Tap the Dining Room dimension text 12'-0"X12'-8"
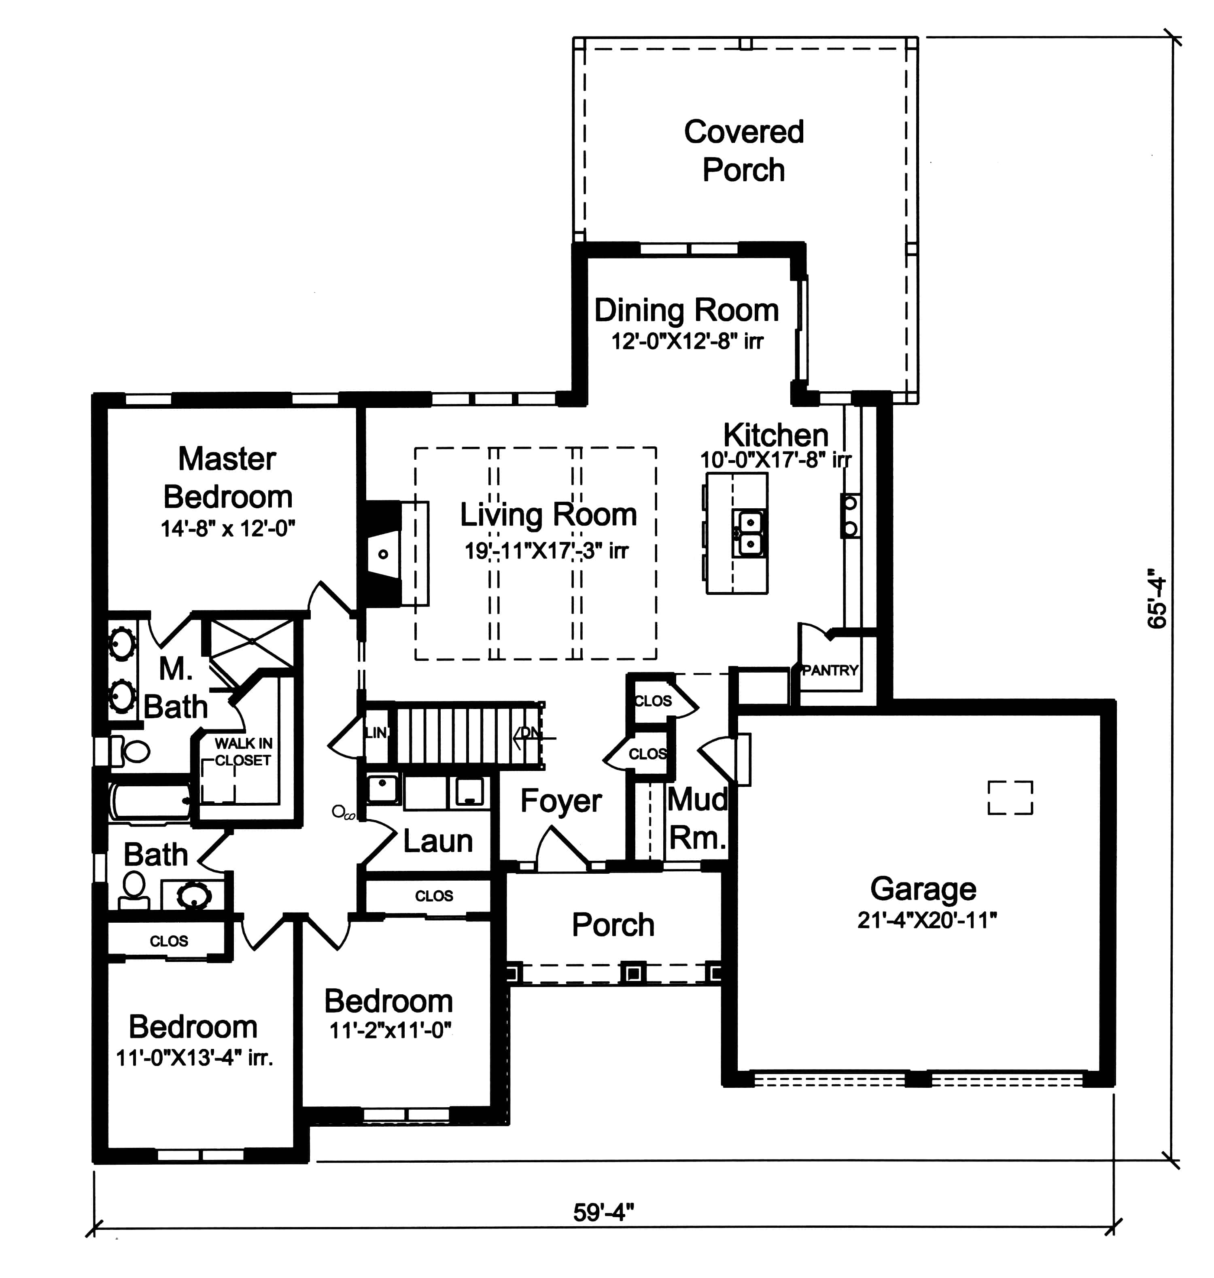pos(687,341)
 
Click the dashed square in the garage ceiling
pos(1010,797)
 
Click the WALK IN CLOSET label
pos(243,752)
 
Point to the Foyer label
pos(560,801)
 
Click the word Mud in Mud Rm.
pos(697,800)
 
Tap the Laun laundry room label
pos(437,841)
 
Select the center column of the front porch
pos(632,972)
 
